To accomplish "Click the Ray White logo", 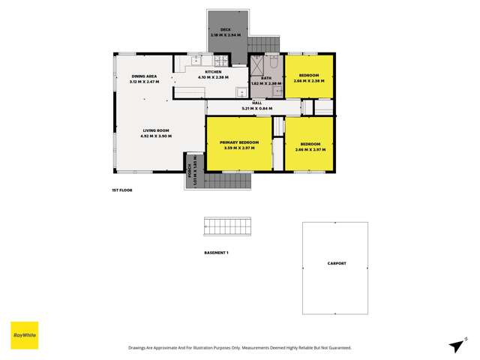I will pos(24,334).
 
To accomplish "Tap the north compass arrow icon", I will pos(454,346).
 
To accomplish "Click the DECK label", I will pos(224,29).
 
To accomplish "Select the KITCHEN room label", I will pos(213,71).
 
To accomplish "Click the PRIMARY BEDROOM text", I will pos(238,142).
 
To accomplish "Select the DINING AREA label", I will pos(144,76).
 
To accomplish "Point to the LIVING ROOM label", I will pos(155,130).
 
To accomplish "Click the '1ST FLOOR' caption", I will pos(121,190).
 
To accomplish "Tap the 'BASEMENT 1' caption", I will pos(217,253).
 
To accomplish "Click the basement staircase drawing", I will pos(228,228).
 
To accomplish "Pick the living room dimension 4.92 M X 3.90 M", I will pos(155,136).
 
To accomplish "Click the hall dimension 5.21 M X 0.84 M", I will pos(256,109).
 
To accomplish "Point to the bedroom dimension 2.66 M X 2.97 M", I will pos(310,149).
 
